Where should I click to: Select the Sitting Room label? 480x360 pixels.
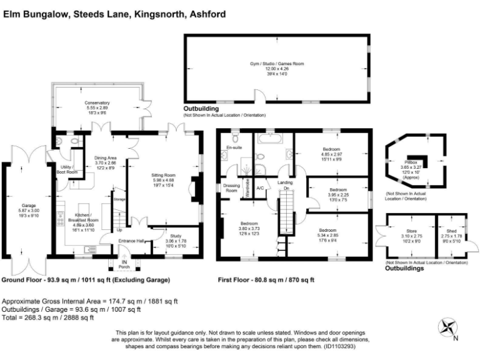164,174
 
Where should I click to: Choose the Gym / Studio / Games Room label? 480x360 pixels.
276,64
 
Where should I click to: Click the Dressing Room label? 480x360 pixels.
232,187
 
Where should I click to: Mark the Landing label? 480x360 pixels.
286,183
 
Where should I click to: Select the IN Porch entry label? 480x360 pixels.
124,264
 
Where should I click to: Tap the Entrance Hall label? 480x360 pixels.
131,241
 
